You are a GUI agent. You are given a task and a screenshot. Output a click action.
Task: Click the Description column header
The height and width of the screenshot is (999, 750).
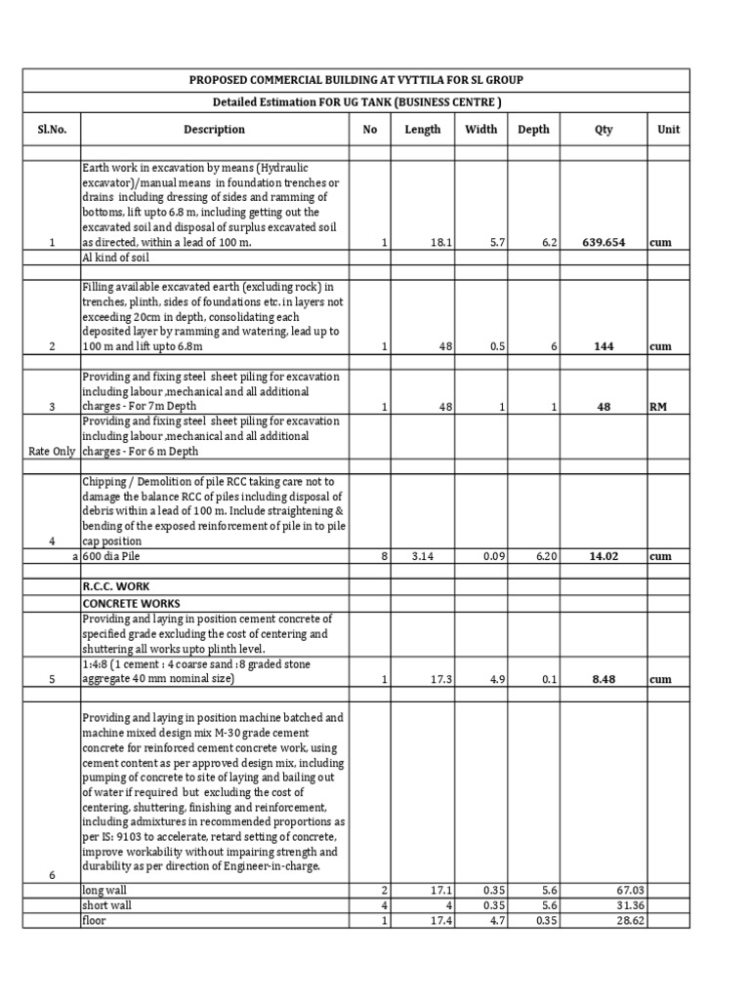pos(214,129)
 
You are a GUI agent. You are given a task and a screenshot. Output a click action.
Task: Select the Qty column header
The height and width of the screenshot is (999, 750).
pos(604,129)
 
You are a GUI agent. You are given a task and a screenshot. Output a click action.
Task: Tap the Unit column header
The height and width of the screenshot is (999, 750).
pos(669,129)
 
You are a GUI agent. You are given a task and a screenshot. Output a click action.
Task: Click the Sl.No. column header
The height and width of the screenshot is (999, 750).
pos(52,129)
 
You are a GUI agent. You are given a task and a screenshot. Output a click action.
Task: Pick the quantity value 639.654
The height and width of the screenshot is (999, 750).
pos(603,243)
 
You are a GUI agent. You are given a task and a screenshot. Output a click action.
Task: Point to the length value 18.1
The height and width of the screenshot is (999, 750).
pos(442,243)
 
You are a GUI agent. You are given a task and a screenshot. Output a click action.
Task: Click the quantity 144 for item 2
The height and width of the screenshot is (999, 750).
pos(604,346)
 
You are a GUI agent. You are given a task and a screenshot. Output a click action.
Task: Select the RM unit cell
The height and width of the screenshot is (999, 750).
pos(658,407)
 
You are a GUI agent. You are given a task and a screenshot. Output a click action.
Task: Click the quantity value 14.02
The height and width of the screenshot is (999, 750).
pos(604,556)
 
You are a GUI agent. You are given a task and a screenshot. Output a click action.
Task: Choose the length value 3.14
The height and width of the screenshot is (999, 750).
pos(422,556)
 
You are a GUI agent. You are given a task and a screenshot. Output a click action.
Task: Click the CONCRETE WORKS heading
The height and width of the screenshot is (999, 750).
pos(130,604)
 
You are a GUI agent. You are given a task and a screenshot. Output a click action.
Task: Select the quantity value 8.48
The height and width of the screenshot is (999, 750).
pos(604,678)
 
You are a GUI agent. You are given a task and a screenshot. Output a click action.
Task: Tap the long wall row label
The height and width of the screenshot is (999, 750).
pos(106,890)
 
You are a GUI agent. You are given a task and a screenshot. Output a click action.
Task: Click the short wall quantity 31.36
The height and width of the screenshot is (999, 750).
pos(627,905)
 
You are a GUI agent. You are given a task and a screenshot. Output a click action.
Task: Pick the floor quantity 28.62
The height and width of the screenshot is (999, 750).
pos(627,921)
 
